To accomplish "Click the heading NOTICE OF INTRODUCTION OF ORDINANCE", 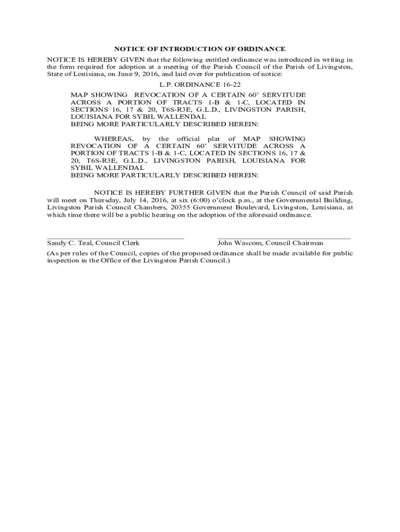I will click(x=199, y=49).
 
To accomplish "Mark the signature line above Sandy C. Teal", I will click(x=115, y=238).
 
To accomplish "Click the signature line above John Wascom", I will click(x=284, y=238).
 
